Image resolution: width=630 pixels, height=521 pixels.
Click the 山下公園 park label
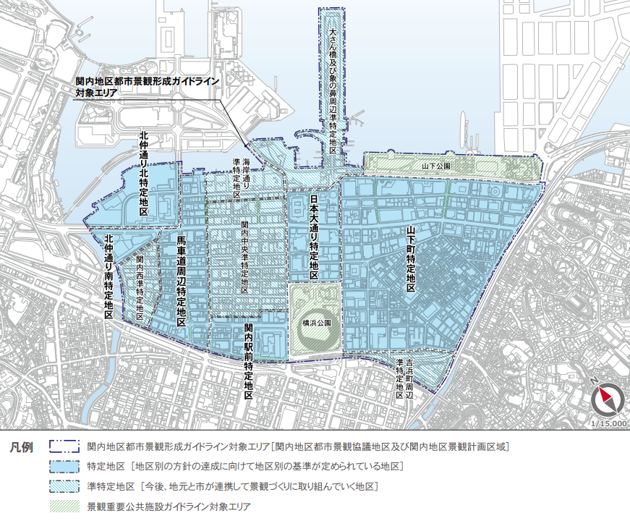[x=436, y=166]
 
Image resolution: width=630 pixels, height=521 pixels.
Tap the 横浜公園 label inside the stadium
[x=317, y=323]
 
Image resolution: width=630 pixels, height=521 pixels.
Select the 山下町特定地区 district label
[x=411, y=259]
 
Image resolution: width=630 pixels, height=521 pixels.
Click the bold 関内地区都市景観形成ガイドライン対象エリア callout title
[x=147, y=88]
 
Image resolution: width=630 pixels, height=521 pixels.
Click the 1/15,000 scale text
[x=608, y=424]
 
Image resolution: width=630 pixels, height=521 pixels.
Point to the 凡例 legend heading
[x=21, y=446]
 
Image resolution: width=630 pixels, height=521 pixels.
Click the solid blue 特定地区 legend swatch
[x=64, y=466]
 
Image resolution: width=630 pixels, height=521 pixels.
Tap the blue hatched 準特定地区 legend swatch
[x=64, y=486]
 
